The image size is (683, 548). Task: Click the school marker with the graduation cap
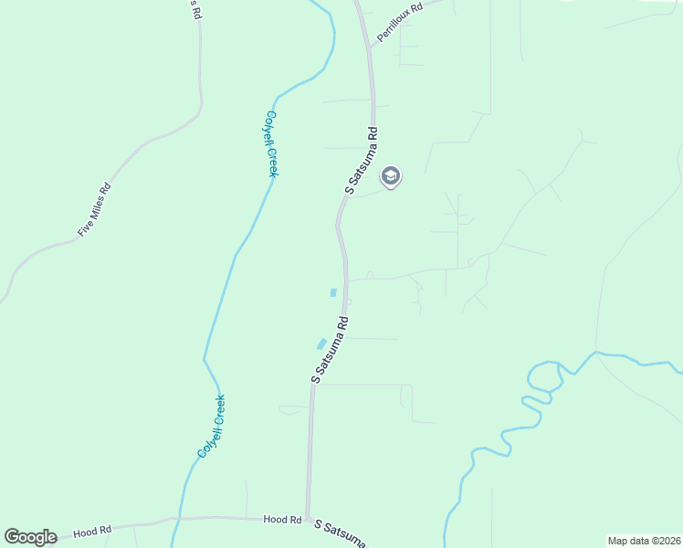(x=391, y=176)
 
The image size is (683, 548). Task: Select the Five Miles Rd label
(x=94, y=211)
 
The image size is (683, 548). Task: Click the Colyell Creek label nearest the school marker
(x=271, y=143)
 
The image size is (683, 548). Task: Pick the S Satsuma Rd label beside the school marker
(x=361, y=161)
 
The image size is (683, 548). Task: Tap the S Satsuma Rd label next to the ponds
(x=331, y=350)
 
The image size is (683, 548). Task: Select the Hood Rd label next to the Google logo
(x=92, y=530)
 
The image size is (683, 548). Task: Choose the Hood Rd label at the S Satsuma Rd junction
(x=282, y=519)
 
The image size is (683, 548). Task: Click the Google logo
(x=30, y=537)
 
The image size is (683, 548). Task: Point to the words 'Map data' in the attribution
(x=629, y=541)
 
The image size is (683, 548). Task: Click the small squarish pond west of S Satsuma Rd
(x=333, y=292)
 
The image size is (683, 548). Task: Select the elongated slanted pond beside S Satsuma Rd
(x=320, y=343)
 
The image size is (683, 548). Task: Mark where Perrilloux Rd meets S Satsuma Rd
(x=369, y=45)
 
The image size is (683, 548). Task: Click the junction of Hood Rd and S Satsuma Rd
(x=308, y=518)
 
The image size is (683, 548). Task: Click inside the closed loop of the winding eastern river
(x=540, y=378)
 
